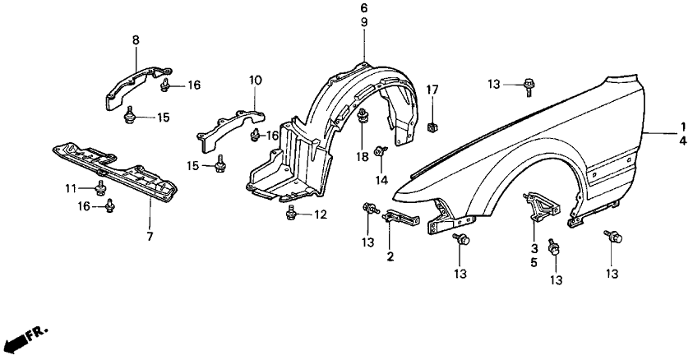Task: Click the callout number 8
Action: [136, 40]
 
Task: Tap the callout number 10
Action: [256, 81]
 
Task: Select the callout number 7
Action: [150, 237]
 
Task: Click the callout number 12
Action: [321, 215]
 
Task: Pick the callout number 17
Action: [432, 90]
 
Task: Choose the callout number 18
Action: [363, 156]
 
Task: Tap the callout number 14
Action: [381, 180]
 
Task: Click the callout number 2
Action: [390, 256]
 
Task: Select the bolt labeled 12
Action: [291, 213]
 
